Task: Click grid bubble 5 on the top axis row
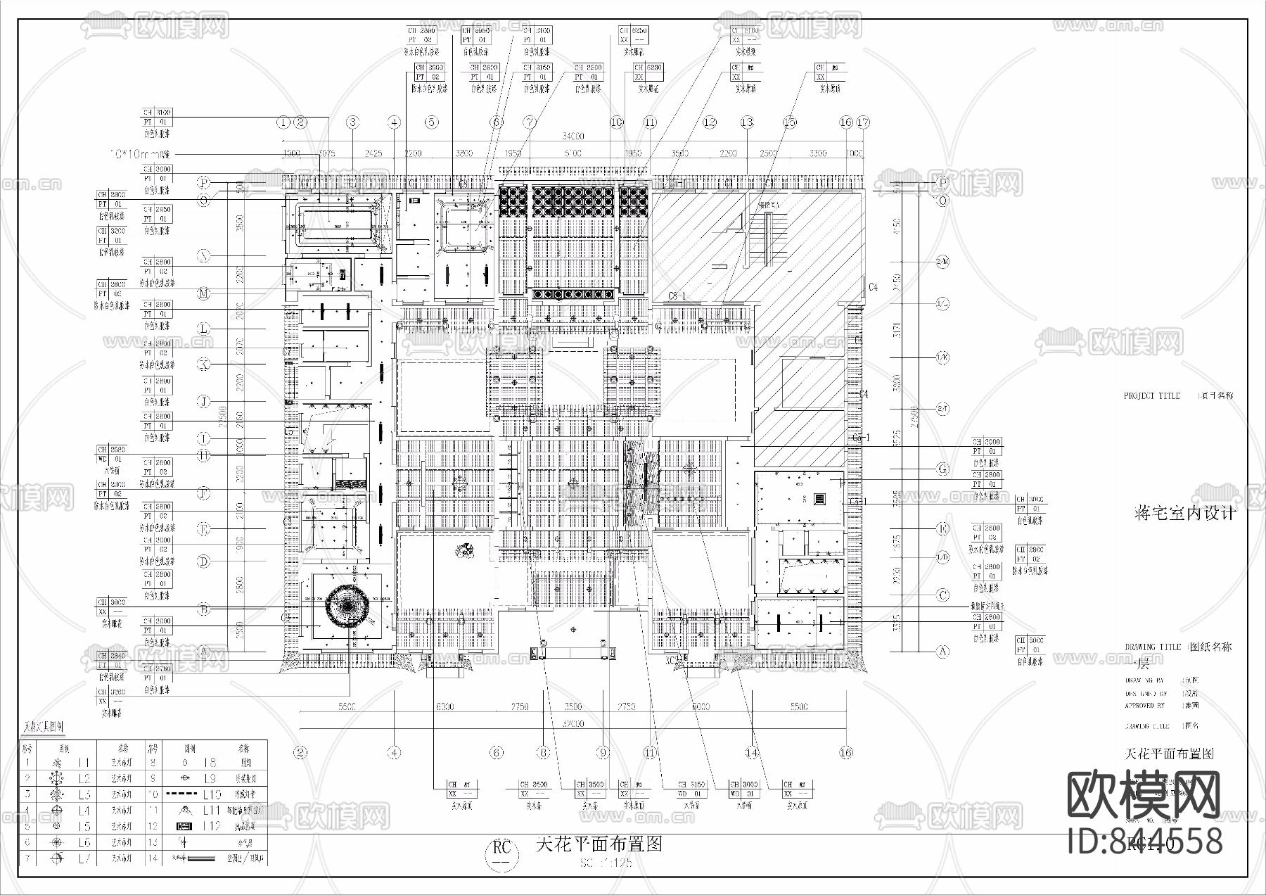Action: point(432,122)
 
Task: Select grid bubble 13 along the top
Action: point(747,122)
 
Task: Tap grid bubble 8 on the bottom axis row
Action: point(543,753)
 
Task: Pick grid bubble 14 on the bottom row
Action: point(752,753)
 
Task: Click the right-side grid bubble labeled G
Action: point(943,469)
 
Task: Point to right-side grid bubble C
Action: point(943,595)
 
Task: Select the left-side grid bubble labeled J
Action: point(203,402)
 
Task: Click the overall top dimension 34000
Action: point(573,137)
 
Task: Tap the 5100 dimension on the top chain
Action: point(573,153)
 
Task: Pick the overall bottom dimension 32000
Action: point(573,723)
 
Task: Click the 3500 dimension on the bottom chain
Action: point(573,706)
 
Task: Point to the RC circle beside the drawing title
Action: point(501,853)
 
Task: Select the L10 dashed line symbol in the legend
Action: point(181,794)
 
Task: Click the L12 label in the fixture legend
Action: point(212,826)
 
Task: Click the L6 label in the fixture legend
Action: point(84,842)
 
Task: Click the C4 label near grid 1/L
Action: point(873,287)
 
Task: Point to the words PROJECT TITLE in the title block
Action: point(1151,396)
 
